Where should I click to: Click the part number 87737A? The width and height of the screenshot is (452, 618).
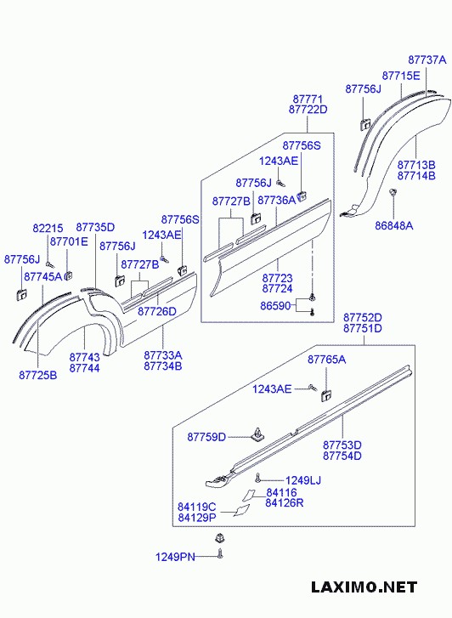tap(427, 60)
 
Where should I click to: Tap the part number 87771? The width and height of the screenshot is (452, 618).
tap(308, 99)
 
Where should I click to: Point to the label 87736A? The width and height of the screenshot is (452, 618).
tap(276, 200)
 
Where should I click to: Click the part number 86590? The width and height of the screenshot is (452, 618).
tap(277, 304)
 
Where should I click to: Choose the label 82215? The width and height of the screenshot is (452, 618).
tap(48, 228)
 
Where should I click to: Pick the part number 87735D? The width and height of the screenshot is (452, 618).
tap(95, 228)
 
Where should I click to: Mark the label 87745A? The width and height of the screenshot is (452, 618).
tap(42, 277)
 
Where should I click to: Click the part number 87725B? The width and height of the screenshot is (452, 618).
tap(37, 375)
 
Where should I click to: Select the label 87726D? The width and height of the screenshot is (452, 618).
tap(156, 311)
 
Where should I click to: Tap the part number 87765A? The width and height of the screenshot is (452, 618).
tap(326, 360)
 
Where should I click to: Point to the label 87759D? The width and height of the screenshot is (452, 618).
tap(206, 437)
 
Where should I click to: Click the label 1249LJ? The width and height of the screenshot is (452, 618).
tap(302, 480)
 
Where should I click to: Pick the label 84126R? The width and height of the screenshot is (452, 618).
tap(284, 503)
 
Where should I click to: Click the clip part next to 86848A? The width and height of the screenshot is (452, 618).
tap(393, 195)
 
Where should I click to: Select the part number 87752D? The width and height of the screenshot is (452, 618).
tap(362, 317)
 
